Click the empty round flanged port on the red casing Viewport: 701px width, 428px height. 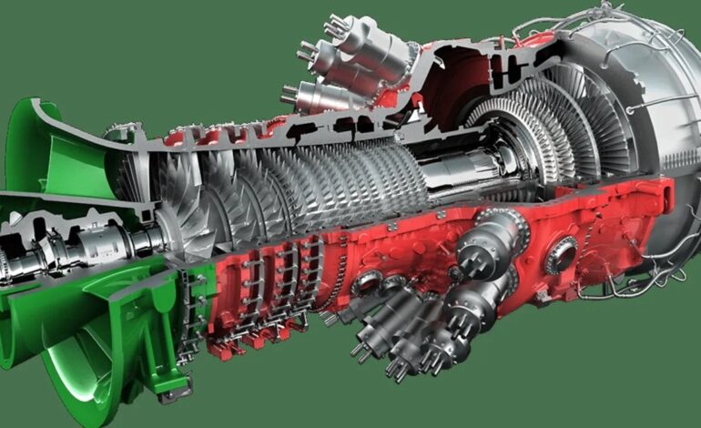pyautogui.click(x=561, y=248)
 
